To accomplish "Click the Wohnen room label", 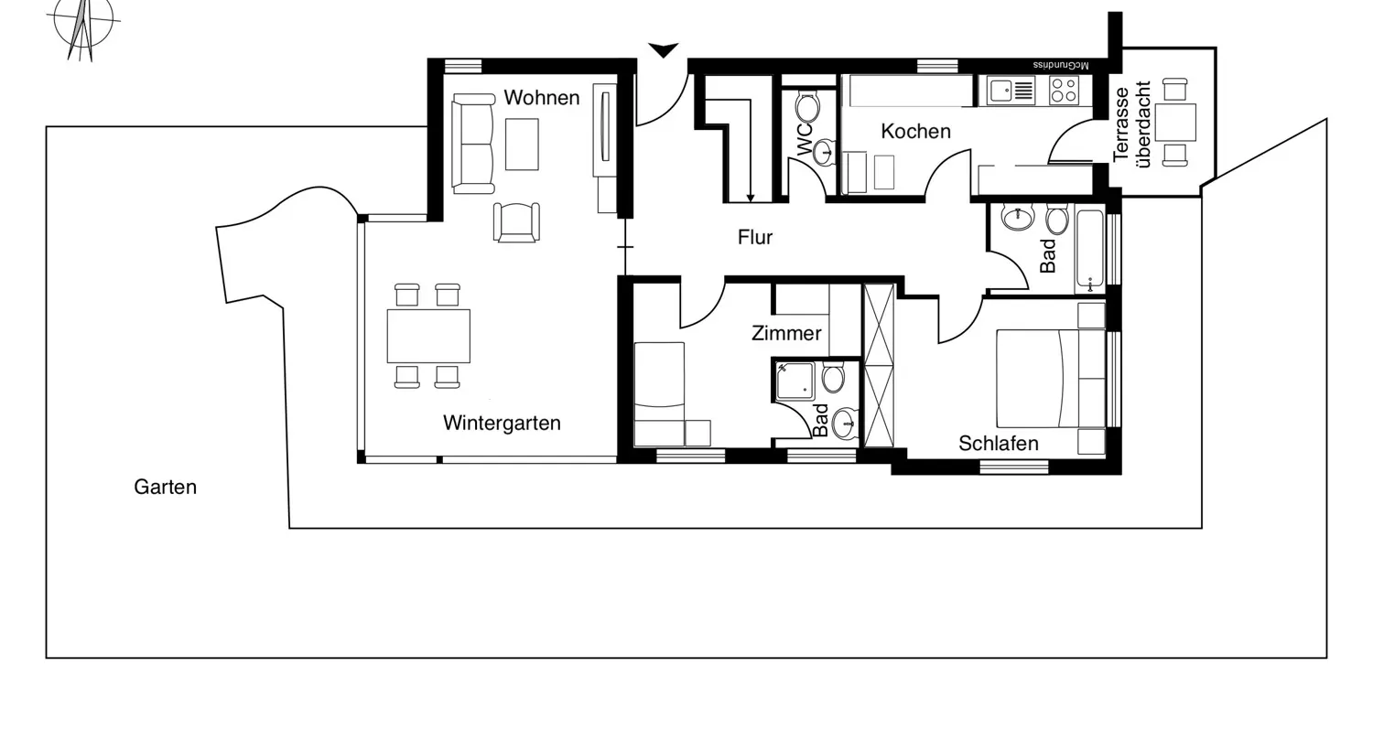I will coord(541,98).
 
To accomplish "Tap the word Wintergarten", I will coord(502,424).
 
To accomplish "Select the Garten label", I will coord(165,488).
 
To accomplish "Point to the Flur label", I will coord(755,238).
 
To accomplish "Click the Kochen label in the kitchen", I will coord(915,132).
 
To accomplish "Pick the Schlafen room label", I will coord(998,444).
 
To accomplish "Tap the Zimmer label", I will coord(786,334).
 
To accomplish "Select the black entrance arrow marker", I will coord(663,49).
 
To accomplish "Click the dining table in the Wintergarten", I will coord(428,337).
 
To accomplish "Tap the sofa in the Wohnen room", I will coord(472,144).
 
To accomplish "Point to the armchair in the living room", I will coord(516,222).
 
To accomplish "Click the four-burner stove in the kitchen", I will coord(1064,90).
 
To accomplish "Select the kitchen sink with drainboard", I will coord(1011,90).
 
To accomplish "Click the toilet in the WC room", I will coord(807,107).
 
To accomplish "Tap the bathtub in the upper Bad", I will coord(1089,250).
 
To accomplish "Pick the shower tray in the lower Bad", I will coord(795,381).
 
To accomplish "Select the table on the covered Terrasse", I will coord(1175,122).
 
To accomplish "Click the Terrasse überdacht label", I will coord(1131,124).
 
